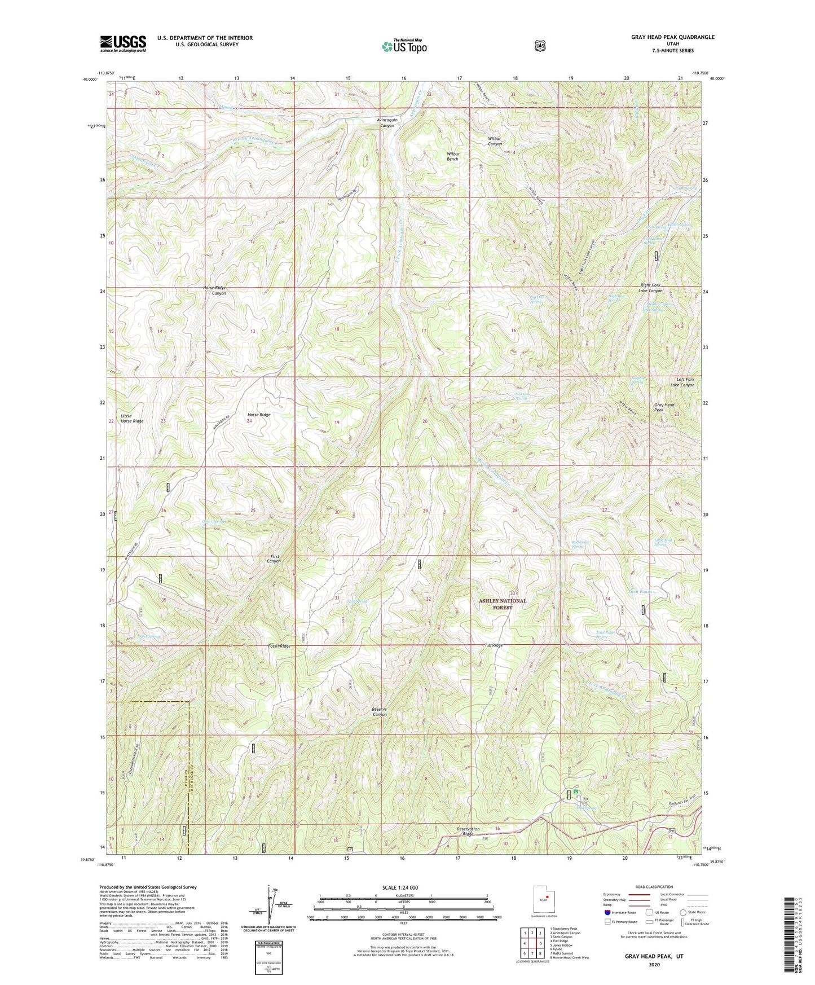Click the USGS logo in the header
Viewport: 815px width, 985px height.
pos(123,43)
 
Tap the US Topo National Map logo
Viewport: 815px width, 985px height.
pos(404,46)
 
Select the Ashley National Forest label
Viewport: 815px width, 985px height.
pos(502,604)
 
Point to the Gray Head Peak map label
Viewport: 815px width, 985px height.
pos(664,407)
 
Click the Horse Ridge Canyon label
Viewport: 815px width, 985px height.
pos(214,291)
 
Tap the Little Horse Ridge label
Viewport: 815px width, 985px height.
pos(132,418)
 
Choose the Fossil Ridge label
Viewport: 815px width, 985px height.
pos(279,645)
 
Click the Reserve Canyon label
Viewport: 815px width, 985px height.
pos(380,711)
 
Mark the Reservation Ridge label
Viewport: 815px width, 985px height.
pos(468,832)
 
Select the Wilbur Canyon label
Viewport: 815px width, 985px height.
pos(495,141)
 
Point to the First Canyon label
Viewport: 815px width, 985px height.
pos(274,559)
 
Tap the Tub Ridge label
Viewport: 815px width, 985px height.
pos(493,645)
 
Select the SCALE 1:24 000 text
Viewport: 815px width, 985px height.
pos(400,887)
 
